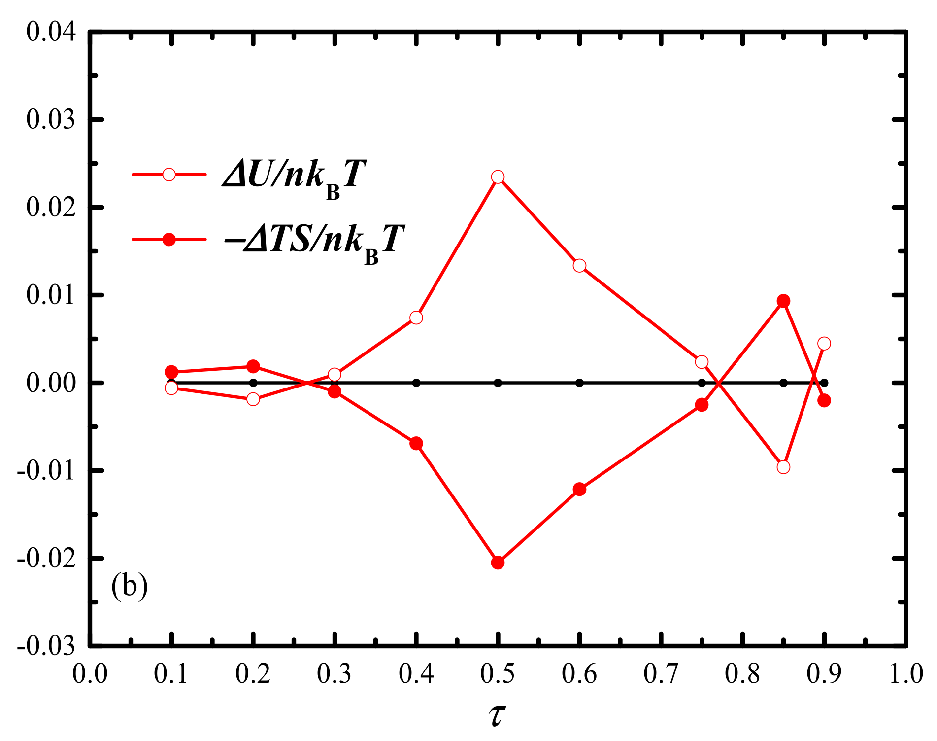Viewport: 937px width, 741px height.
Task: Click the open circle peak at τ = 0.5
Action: point(498,177)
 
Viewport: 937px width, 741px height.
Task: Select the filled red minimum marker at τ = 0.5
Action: point(498,563)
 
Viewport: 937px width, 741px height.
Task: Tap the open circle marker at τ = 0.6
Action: point(580,266)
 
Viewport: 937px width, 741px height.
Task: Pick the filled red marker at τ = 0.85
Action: point(783,301)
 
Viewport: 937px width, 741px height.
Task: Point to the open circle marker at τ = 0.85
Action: point(783,467)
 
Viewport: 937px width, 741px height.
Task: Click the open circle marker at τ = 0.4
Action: point(416,318)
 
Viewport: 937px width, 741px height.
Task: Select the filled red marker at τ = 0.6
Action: point(580,490)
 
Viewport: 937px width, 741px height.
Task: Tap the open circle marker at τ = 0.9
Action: point(824,344)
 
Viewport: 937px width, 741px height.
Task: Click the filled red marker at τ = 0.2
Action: point(253,366)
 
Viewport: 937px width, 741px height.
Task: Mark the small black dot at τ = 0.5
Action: point(498,383)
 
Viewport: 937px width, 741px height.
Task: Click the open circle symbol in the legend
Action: point(169,175)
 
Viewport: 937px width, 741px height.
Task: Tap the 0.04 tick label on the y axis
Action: point(51,32)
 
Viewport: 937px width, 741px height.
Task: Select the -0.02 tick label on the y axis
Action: point(46,559)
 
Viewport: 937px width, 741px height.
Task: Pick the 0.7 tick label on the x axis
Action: point(661,674)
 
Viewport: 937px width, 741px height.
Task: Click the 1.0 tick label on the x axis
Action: point(906,674)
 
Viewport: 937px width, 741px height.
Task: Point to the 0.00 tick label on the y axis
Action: point(51,383)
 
